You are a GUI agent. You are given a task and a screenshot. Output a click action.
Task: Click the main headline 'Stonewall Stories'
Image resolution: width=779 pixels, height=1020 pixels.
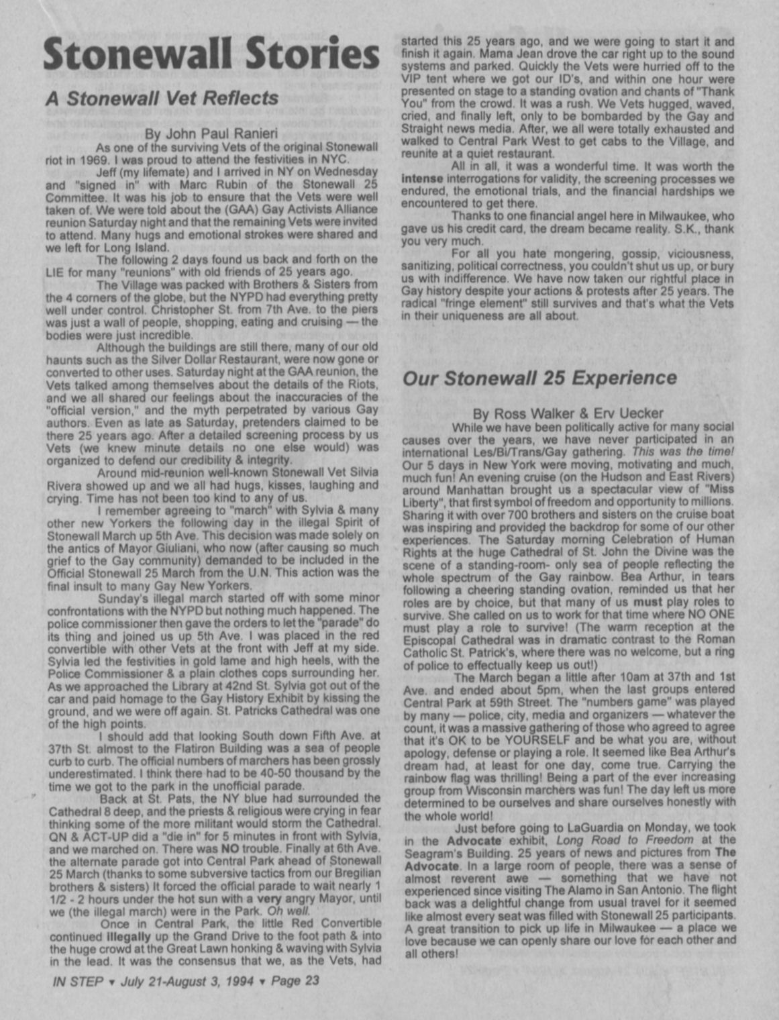[x=211, y=54]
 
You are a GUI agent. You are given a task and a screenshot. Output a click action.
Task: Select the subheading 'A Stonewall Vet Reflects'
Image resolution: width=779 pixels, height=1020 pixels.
[x=162, y=98]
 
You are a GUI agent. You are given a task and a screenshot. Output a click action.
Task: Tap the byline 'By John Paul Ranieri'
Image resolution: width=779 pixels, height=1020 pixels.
[x=211, y=134]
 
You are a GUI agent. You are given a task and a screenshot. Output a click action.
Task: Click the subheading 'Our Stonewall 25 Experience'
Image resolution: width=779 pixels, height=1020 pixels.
[x=539, y=378]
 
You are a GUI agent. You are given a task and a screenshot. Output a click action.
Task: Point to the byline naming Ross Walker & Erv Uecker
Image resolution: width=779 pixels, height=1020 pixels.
[x=568, y=413]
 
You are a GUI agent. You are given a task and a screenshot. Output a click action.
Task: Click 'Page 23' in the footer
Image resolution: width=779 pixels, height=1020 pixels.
[x=295, y=980]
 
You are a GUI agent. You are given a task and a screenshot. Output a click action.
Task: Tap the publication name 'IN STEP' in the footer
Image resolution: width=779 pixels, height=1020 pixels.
[x=77, y=980]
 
